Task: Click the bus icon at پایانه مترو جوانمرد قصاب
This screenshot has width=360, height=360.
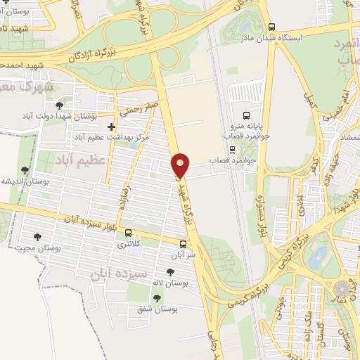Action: pyautogui.click(x=246, y=115)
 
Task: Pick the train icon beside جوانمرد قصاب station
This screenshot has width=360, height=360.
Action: pyautogui.click(x=232, y=149)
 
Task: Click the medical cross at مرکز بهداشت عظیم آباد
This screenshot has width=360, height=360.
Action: pyautogui.click(x=111, y=127)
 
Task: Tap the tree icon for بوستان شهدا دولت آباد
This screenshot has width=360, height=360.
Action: pyautogui.click(x=67, y=105)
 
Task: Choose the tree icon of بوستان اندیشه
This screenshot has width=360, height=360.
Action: pyautogui.click(x=25, y=170)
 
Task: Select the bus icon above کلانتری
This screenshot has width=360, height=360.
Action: pyautogui.click(x=127, y=233)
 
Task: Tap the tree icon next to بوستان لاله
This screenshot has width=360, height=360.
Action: pyautogui.click(x=171, y=271)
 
